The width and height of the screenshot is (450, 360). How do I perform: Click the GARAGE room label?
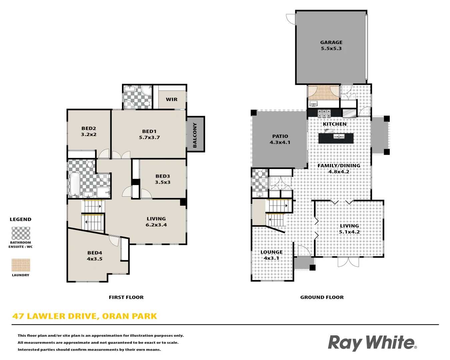[x=331, y=42]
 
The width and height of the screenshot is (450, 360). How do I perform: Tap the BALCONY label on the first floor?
[x=195, y=135]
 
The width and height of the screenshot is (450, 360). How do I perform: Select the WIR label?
[x=172, y=99]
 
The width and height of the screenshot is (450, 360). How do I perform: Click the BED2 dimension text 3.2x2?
[x=89, y=135]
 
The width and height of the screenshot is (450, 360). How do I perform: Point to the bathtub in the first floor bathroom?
[x=75, y=184]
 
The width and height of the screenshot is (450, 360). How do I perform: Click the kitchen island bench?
[x=336, y=138]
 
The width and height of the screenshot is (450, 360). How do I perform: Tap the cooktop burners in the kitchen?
[x=324, y=114]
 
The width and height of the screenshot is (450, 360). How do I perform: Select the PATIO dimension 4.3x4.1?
[x=280, y=142]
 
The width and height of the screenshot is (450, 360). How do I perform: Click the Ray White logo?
[x=372, y=343]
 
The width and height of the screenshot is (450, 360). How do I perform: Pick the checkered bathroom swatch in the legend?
[x=21, y=233]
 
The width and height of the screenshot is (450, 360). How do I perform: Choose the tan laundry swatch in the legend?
[x=21, y=265]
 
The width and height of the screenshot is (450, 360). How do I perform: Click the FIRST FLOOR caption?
[x=126, y=297]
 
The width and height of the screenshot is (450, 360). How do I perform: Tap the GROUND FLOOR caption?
[x=322, y=297]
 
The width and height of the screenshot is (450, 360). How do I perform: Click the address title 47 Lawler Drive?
[x=85, y=316]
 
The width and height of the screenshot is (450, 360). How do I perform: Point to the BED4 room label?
[x=95, y=253]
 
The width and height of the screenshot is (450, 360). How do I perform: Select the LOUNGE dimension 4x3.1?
[x=271, y=258]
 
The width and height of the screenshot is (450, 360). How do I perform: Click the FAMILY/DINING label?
[x=339, y=166]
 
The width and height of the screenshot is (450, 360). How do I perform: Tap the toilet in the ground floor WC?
[x=260, y=174]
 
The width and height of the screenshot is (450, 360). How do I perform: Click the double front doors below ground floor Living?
[x=348, y=262]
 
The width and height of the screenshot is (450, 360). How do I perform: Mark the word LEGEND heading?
[x=20, y=219]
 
